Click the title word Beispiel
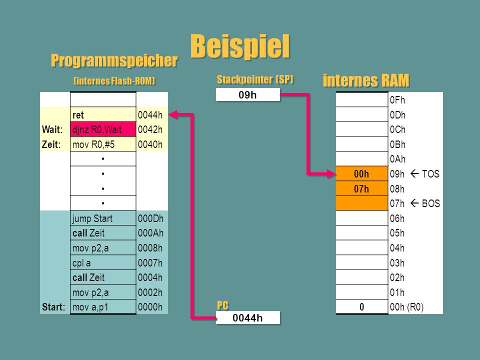(240, 46)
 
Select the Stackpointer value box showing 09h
(248, 94)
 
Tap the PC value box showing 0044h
(248, 318)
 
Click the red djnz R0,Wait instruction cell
(103, 129)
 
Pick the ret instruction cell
(103, 115)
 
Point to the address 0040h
(150, 144)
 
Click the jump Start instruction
(92, 218)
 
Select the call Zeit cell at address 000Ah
(103, 233)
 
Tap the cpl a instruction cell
(103, 262)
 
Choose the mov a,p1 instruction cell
(103, 307)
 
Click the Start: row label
(53, 307)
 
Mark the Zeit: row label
(51, 144)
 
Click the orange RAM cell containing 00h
(362, 174)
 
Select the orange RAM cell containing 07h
(362, 188)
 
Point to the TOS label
(430, 174)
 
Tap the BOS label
(431, 203)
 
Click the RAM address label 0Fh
(397, 100)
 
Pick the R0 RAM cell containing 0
(362, 306)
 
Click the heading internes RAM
(366, 80)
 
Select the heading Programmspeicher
(114, 60)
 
